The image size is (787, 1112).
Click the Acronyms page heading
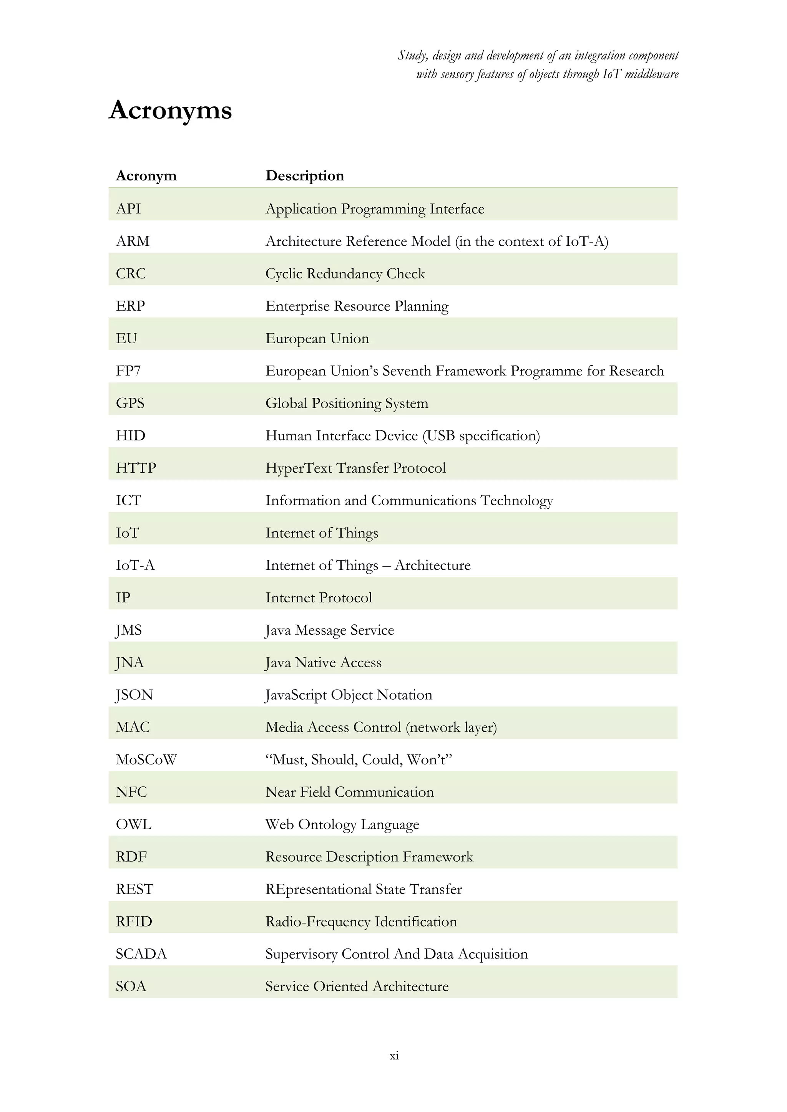[x=170, y=111]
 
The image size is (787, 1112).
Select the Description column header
[x=304, y=176]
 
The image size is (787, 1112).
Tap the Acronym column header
[x=146, y=176]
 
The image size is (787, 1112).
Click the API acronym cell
[x=128, y=209]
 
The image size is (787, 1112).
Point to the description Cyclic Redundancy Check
[x=345, y=274]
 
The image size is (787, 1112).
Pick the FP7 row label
[x=128, y=371]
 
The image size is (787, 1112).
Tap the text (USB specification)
[x=481, y=436]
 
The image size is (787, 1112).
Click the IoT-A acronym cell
[x=135, y=565]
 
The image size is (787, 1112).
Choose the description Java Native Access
[x=323, y=662]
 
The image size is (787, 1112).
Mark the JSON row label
[x=134, y=695]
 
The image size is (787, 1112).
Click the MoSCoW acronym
[x=146, y=760]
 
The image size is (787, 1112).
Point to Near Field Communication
[x=349, y=793]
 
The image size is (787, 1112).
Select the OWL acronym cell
[x=133, y=825]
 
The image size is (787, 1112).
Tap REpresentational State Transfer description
[x=364, y=890]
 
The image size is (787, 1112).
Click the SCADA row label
[x=141, y=955]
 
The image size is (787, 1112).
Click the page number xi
[x=394, y=1056]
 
